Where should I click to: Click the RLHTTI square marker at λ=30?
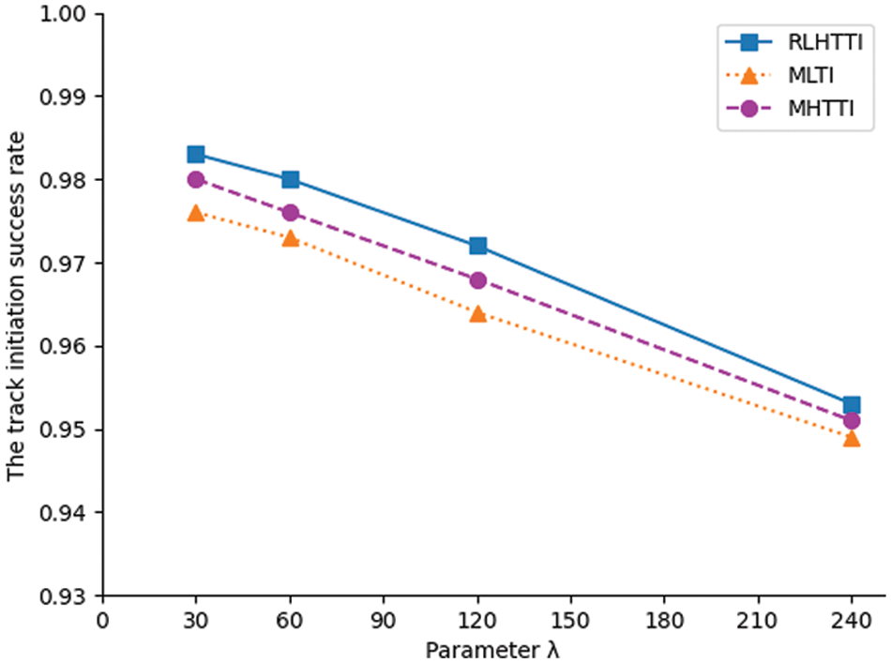(196, 155)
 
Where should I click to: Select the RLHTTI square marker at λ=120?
(477, 246)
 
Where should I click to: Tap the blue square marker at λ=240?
(852, 405)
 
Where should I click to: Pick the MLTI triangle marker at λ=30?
(196, 213)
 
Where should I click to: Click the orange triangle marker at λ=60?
(290, 238)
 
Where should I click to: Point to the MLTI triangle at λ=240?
(852, 438)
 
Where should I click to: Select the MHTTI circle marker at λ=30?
(196, 179)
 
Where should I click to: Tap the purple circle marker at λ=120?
(477, 279)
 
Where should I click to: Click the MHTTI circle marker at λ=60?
(290, 213)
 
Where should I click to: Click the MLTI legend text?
(809, 75)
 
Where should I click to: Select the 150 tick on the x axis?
(570, 620)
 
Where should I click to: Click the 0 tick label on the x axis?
(103, 620)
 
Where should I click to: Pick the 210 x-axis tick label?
(758, 620)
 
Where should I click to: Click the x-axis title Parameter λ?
(492, 649)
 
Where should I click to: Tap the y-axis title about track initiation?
(17, 305)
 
